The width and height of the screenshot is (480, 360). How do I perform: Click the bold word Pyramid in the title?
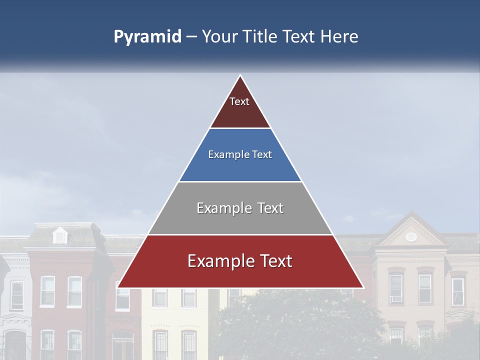(x=147, y=37)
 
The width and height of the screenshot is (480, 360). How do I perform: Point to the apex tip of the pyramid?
(x=240, y=76)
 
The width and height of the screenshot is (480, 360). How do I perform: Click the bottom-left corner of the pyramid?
(x=118, y=287)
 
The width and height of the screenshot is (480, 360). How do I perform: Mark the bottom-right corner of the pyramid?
(x=363, y=287)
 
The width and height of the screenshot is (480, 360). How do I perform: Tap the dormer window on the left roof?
(x=60, y=235)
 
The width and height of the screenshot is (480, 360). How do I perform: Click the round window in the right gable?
(x=411, y=236)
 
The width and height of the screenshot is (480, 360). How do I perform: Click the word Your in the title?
(x=219, y=37)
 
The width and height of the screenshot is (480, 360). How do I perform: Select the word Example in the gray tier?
(x=221, y=208)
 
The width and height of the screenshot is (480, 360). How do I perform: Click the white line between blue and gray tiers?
(x=240, y=181)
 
